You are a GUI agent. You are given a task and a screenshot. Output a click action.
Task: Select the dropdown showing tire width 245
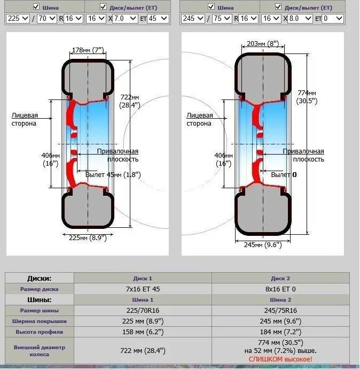(x=192, y=18)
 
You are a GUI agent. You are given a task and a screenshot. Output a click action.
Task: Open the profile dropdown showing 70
(x=48, y=18)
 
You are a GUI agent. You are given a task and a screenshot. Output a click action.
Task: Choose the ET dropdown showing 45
(x=158, y=18)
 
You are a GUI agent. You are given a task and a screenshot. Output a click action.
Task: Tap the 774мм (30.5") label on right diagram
(x=307, y=96)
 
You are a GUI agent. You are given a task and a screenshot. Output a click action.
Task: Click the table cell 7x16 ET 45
(x=143, y=289)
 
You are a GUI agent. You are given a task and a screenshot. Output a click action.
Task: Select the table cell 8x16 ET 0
(x=281, y=289)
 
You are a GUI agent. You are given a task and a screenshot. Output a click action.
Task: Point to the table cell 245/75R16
(x=281, y=310)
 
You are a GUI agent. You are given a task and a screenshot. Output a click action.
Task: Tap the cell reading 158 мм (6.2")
(x=143, y=332)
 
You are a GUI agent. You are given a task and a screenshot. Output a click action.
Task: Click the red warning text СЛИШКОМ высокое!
(x=280, y=359)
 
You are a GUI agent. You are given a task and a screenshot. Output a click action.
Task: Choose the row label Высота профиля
(x=40, y=332)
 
